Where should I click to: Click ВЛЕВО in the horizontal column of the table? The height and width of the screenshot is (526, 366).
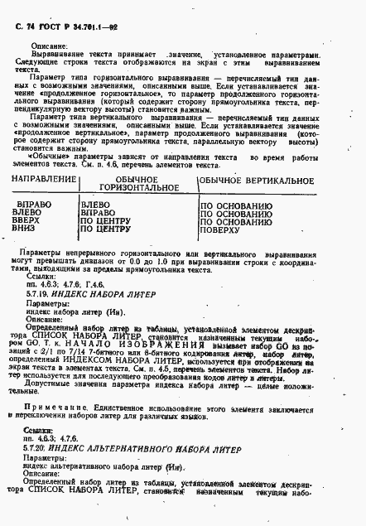coord(97,203)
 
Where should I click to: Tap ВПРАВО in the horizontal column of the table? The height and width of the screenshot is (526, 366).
coord(99,211)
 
